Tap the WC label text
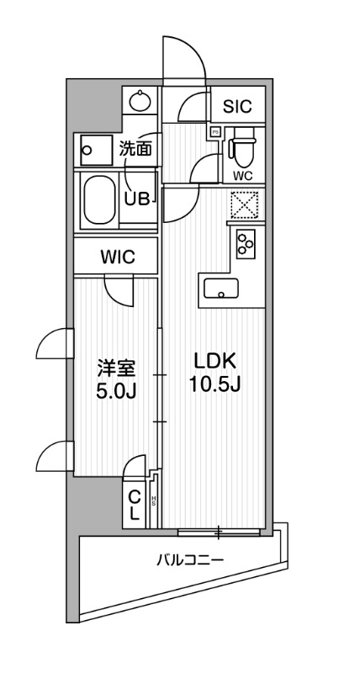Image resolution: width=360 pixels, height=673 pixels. click(x=242, y=176)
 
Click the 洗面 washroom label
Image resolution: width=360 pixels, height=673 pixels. click(x=135, y=151)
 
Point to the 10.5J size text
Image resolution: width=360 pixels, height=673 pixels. click(x=217, y=385)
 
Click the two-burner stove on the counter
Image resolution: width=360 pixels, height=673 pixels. click(x=246, y=244)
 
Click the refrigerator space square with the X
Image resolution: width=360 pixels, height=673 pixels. click(x=246, y=204)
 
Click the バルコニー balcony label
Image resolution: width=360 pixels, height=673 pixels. click(x=189, y=559)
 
